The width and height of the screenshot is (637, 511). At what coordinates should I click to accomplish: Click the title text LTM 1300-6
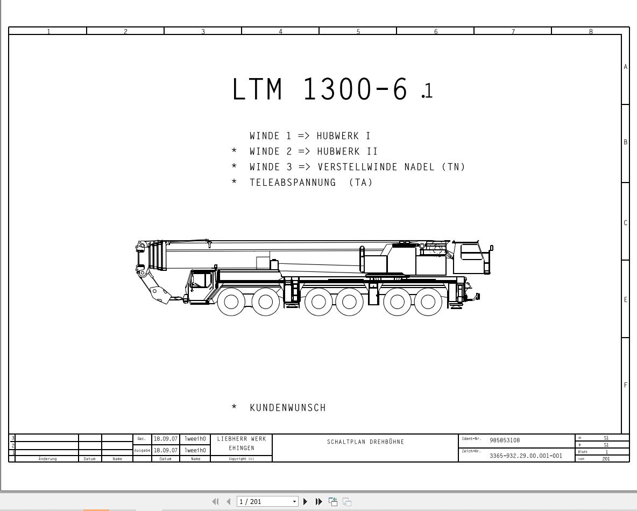click(320, 89)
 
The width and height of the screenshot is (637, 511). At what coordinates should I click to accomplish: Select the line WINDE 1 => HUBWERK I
click(310, 136)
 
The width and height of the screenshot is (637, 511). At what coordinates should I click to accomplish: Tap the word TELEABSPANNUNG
click(293, 183)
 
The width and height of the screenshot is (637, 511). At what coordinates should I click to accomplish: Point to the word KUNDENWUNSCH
click(288, 408)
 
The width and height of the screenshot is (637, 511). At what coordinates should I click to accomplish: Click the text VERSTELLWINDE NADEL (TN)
click(391, 167)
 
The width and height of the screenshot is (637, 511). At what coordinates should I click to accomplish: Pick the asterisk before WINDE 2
click(234, 152)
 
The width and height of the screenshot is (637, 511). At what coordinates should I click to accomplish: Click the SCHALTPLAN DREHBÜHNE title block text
click(365, 442)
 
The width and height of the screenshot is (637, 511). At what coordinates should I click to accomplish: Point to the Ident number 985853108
click(505, 440)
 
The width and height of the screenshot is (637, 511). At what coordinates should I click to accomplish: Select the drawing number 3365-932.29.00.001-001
click(526, 456)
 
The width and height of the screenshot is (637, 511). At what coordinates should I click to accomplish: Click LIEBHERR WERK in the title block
click(242, 439)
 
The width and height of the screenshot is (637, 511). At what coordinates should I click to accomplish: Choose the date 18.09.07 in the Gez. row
click(165, 439)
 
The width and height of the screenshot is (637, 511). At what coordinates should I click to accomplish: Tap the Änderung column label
click(47, 459)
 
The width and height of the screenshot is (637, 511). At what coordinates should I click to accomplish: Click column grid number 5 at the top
click(358, 32)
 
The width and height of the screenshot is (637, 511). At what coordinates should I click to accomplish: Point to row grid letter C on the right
click(626, 223)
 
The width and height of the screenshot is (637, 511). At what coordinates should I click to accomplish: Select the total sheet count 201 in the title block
click(606, 459)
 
